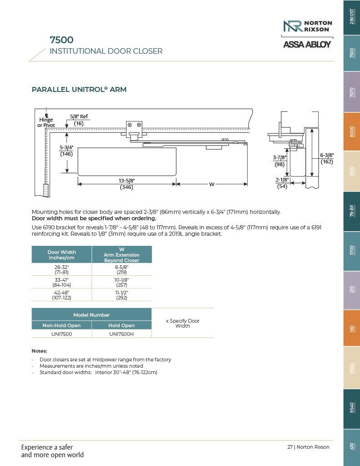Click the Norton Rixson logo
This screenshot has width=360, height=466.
(307, 26)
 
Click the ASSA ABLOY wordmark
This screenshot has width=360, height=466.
(307, 44)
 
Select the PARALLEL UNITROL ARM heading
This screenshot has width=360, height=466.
(79, 90)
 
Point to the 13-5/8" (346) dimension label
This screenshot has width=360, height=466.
(127, 184)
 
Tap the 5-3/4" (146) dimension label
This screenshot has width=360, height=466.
(67, 151)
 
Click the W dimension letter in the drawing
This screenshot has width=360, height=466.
(212, 184)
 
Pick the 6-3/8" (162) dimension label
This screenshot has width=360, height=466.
(327, 158)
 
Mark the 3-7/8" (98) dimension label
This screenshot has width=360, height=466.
(279, 161)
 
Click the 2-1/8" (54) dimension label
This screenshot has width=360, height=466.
(282, 183)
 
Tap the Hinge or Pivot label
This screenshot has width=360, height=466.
(46, 122)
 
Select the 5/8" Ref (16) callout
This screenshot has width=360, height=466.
(79, 120)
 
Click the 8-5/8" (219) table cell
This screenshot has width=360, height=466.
(122, 269)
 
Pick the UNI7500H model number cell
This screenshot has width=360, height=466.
(122, 334)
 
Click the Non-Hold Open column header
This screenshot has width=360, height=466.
(61, 325)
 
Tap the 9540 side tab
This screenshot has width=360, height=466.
(351, 408)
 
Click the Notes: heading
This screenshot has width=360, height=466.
(39, 351)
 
